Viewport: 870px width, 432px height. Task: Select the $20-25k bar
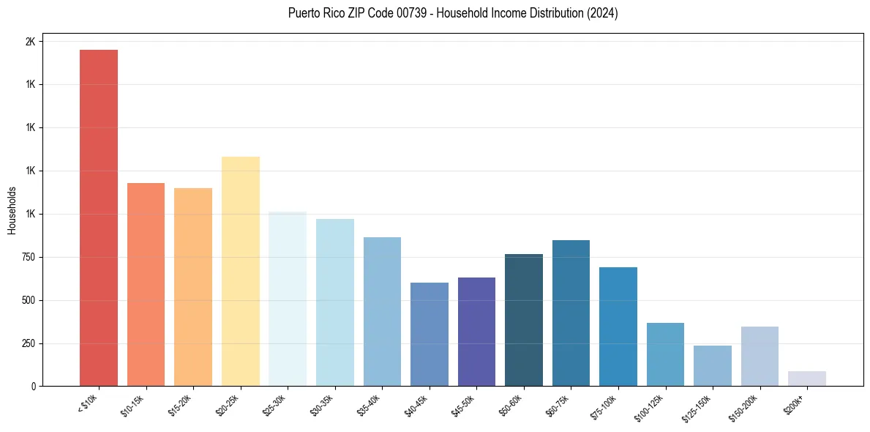241,271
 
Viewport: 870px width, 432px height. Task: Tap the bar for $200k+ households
807,379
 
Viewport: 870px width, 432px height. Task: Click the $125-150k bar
713,365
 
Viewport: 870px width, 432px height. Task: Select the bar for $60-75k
571,313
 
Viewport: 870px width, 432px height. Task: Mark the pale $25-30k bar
288,299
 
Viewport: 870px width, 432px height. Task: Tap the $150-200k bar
760,356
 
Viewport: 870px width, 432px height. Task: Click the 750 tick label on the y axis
27,257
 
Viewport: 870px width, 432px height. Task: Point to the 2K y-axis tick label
30,42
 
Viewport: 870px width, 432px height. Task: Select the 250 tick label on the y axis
27,343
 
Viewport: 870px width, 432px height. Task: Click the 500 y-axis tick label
27,300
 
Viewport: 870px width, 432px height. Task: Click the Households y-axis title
12,210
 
